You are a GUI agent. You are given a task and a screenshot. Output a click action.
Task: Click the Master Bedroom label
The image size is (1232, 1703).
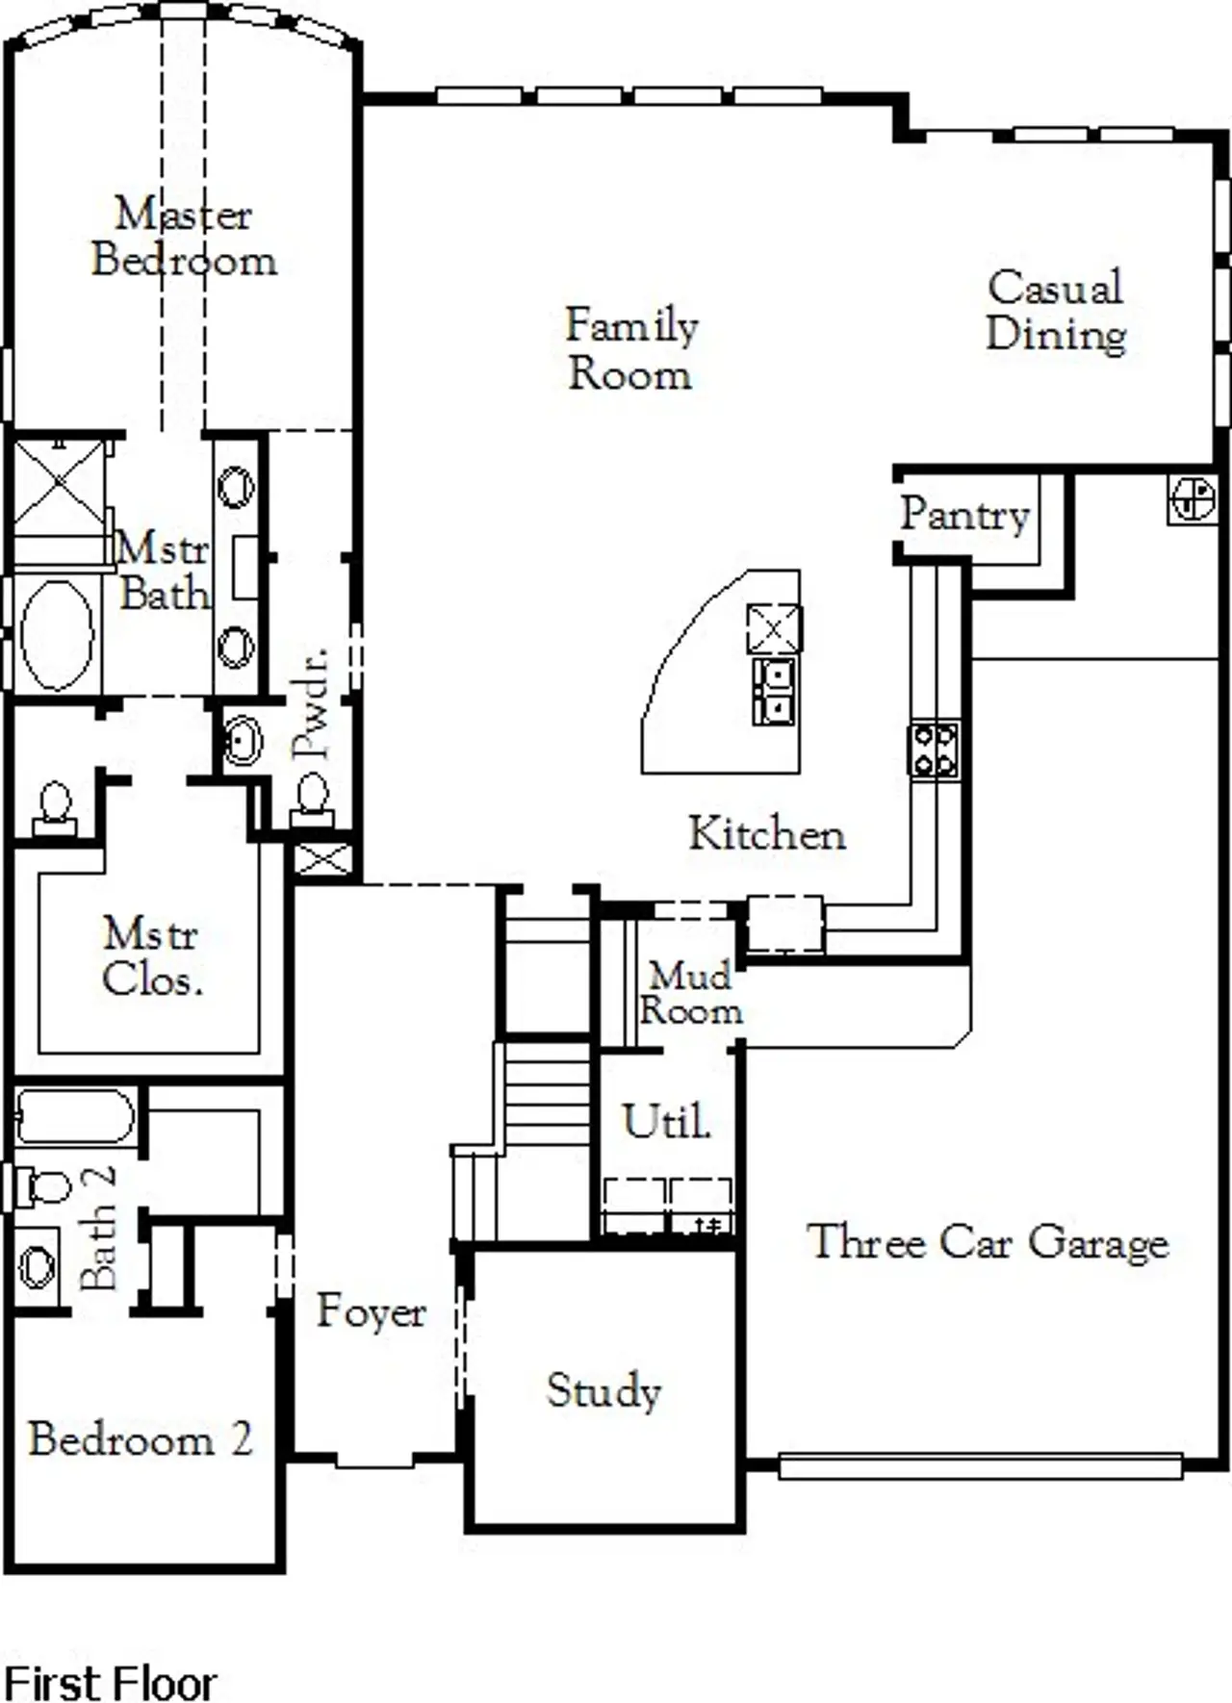point(183,237)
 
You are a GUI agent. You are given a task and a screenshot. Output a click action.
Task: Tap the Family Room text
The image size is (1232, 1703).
point(630,349)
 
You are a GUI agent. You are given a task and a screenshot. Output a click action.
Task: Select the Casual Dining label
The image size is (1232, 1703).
point(1056,311)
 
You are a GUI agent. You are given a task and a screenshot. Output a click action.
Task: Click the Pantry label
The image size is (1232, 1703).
point(964,515)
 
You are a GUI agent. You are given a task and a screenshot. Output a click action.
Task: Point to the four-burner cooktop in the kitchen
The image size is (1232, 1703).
point(935,750)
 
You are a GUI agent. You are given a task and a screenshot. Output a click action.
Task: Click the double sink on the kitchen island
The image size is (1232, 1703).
point(775,691)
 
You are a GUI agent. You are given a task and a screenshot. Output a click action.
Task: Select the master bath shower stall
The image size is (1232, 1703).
point(60,491)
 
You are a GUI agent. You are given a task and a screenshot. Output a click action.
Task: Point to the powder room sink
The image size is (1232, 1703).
point(243,742)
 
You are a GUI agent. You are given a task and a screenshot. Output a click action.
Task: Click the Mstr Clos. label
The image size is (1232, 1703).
point(151,956)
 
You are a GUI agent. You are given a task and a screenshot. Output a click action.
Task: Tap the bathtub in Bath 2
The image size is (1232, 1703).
point(74,1117)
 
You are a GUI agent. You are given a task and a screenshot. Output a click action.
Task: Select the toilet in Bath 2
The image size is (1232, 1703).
point(41,1186)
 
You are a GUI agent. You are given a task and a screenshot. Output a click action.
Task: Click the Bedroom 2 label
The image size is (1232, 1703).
point(140,1438)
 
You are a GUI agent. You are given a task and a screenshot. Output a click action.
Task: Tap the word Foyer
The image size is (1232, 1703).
point(371,1310)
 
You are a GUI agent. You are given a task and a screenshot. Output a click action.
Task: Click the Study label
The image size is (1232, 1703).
point(603,1390)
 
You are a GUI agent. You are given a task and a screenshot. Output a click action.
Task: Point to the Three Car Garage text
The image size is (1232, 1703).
point(988,1241)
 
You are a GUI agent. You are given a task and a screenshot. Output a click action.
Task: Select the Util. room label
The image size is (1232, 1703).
point(666,1122)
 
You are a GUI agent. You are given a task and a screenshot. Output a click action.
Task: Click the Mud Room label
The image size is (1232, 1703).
point(690,993)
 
